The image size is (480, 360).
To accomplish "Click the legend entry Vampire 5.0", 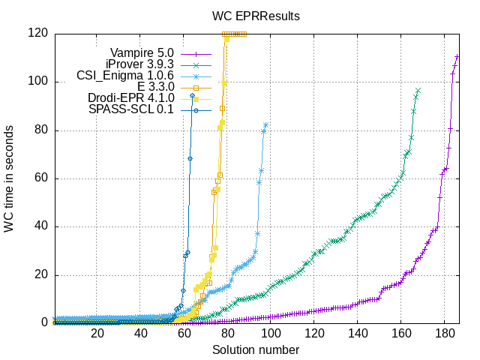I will point(142,52).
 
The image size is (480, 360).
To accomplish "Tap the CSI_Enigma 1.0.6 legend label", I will point(125,76).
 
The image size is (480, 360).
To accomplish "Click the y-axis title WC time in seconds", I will point(10,178).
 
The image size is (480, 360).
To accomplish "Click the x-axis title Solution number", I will point(255,349).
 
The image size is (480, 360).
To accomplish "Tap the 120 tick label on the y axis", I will point(38,33).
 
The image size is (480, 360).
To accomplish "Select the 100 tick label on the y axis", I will point(38,81).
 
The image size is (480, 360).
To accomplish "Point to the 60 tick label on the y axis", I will point(41,178).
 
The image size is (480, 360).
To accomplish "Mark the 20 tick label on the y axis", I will point(41,274).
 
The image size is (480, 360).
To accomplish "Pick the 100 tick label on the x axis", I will point(271,333).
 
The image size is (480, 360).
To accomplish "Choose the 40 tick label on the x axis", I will point(141,333).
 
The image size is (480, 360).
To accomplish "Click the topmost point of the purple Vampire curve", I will point(457,56).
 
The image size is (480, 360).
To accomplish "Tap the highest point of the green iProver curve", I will point(418,91).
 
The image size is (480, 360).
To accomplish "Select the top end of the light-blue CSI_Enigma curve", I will point(265,124).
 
